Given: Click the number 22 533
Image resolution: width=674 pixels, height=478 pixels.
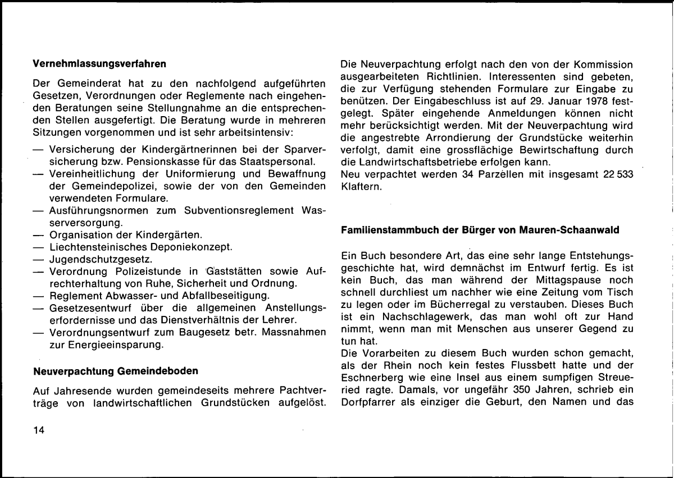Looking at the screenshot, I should [x=616, y=174].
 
